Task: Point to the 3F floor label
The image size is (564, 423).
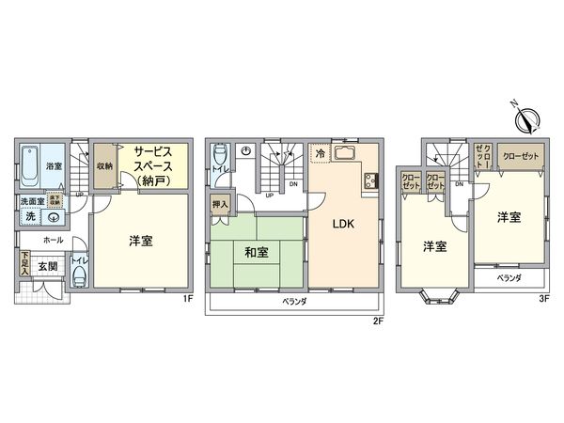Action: tap(544, 299)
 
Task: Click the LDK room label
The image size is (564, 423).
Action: tap(340, 225)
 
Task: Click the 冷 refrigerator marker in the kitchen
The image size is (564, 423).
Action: tap(320, 153)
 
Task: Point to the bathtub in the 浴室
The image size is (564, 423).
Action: tap(28, 167)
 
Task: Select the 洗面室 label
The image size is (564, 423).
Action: tap(27, 201)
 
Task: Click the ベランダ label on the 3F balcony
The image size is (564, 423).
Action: tap(509, 278)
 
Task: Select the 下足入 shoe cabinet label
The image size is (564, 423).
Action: tap(25, 258)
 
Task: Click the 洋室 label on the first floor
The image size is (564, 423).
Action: tap(141, 240)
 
